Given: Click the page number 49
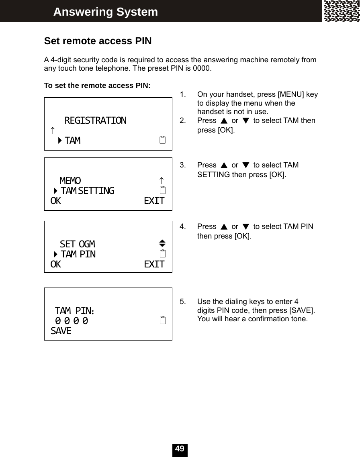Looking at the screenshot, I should (x=180, y=449).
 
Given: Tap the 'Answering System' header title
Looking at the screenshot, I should (x=106, y=12).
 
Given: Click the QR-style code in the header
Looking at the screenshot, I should (x=342, y=11).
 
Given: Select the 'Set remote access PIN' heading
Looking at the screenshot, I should (x=98, y=41).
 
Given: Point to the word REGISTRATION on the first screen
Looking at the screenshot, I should (x=95, y=120).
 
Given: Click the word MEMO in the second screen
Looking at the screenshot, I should (x=70, y=181).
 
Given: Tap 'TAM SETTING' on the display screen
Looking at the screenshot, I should (x=87, y=190).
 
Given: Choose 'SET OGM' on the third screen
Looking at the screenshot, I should (x=78, y=244).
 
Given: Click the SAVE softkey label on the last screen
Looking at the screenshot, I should (x=61, y=331).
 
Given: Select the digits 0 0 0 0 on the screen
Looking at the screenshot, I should (x=72, y=321).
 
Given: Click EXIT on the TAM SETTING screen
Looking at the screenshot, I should (x=154, y=201).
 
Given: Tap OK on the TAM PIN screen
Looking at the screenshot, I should (x=56, y=264).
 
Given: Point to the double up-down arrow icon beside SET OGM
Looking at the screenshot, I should (x=162, y=243).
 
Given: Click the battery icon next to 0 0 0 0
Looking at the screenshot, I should (x=162, y=321).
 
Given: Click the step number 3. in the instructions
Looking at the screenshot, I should (x=183, y=165).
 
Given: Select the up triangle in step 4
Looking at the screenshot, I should (x=224, y=227).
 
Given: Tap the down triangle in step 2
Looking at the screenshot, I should (x=246, y=121).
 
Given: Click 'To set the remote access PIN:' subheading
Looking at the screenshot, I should (x=97, y=86).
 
